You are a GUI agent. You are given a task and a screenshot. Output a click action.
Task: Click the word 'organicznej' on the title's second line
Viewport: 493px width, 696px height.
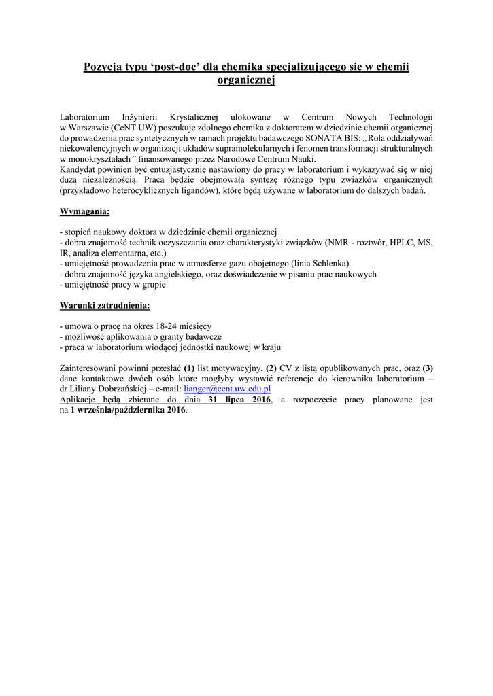[245, 80]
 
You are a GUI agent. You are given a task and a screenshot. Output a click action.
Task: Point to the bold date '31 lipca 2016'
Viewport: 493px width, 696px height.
[239, 400]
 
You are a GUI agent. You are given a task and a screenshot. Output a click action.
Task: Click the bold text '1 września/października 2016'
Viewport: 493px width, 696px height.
[128, 411]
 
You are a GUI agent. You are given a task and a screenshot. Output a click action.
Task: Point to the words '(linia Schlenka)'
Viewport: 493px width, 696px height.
[320, 263]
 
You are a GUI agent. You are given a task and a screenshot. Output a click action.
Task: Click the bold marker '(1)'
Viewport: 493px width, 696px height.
[189, 368]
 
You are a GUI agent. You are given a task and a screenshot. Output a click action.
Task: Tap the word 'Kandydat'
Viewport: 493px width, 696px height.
[78, 169]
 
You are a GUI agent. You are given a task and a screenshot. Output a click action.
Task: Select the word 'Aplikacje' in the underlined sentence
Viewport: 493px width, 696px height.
[80, 400]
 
